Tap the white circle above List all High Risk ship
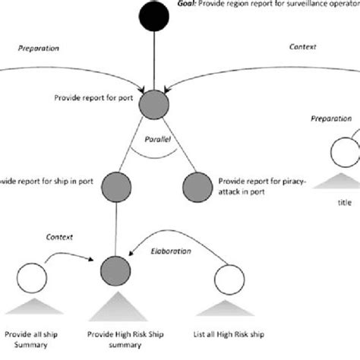[229, 275]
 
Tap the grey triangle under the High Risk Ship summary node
[115, 307]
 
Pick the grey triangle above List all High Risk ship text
[229, 308]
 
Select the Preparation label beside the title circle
[331, 119]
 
